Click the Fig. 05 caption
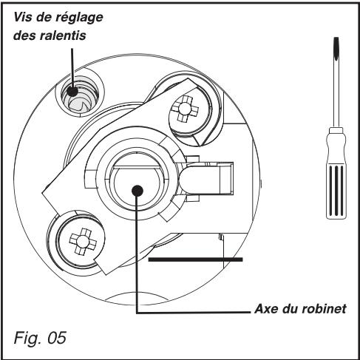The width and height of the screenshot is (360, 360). [x=41, y=339]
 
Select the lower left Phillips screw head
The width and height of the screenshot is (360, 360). [x=79, y=240]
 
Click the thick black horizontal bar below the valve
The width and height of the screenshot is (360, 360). [x=196, y=259]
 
